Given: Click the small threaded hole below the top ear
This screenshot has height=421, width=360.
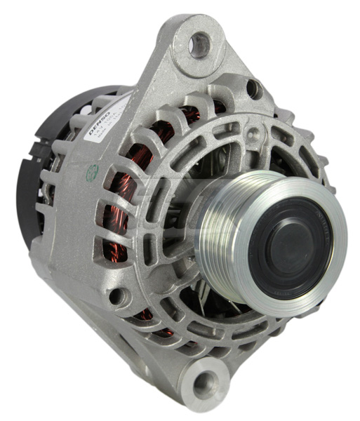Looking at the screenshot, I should [x=253, y=89].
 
